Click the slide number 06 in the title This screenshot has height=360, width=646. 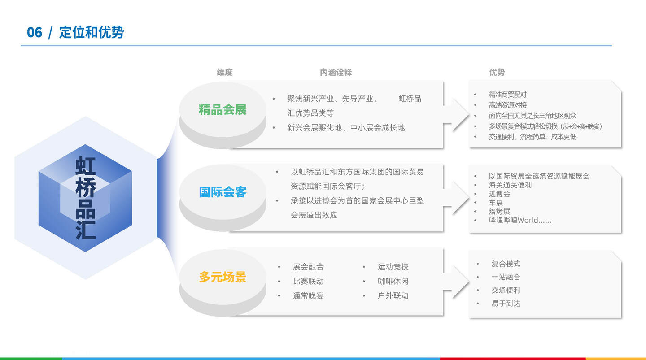click(34, 32)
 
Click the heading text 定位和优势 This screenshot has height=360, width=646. click(92, 32)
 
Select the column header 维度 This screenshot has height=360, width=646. click(225, 72)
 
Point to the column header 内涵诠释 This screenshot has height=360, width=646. click(336, 72)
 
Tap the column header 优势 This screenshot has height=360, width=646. click(497, 72)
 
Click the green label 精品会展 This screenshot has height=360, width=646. click(223, 109)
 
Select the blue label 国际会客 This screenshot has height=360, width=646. click(223, 192)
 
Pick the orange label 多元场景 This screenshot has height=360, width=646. click(223, 277)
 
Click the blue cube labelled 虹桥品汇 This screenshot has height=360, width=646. click(85, 198)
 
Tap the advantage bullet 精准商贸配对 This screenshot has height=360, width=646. click(507, 95)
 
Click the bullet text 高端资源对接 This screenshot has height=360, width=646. click(507, 105)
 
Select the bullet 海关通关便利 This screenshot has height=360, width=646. click(510, 185)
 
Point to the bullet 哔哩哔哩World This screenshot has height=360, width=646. click(519, 220)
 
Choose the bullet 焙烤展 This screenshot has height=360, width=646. click(499, 211)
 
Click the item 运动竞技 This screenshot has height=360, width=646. click(393, 267)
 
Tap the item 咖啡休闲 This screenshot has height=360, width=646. click(393, 281)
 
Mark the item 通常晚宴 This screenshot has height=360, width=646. click(308, 295)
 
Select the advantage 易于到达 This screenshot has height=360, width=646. click(506, 304)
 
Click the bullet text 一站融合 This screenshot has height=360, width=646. click(506, 277)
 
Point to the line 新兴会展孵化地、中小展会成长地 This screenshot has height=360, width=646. click(346, 127)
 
